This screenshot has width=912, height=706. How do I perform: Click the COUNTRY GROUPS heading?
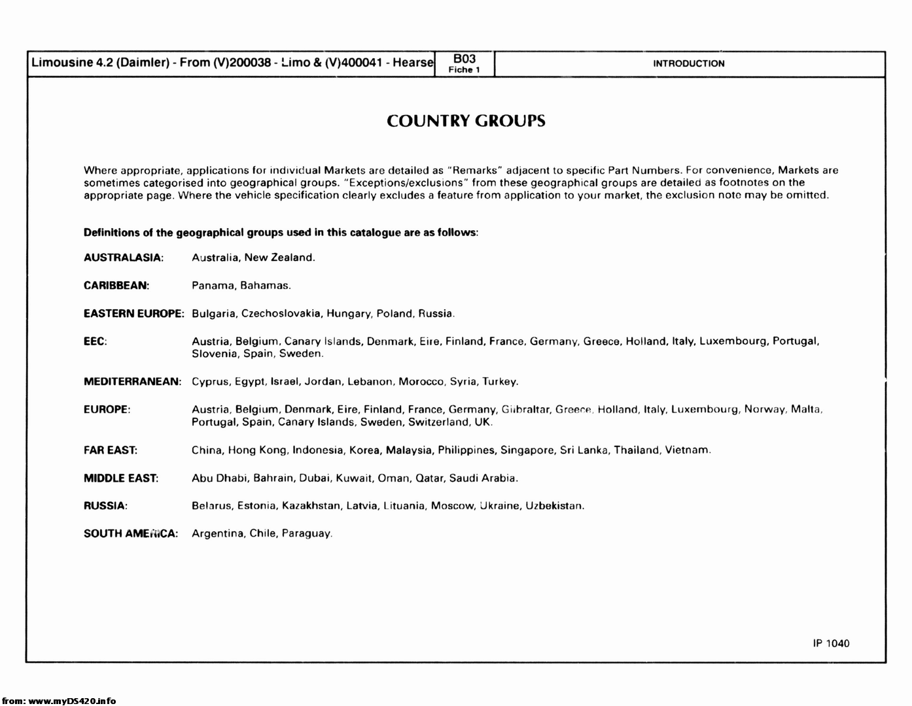466,121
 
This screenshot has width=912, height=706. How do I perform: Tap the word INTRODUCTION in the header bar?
688,63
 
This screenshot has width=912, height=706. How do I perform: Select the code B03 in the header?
465,59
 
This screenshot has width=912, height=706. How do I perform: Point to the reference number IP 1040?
831,643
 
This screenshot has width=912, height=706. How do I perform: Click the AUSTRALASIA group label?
123,258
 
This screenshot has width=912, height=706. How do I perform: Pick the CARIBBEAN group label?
116,286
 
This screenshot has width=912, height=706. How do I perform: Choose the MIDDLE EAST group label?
121,479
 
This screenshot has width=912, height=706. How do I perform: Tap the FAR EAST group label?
111,450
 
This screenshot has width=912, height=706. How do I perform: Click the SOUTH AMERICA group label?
131,534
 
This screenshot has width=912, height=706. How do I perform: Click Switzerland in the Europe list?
438,422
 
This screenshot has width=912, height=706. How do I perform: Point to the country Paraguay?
307,534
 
